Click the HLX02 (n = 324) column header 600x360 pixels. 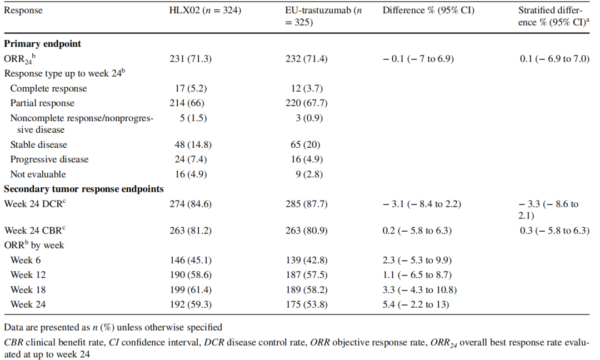205,11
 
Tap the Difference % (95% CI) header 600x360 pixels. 428,11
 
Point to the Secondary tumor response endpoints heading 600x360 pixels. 83,189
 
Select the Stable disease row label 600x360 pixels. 38,144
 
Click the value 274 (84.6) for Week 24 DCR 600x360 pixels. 191,204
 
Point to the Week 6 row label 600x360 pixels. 26,259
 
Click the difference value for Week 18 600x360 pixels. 419,289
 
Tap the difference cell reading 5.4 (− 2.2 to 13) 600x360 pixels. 416,304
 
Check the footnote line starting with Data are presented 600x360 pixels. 113,327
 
